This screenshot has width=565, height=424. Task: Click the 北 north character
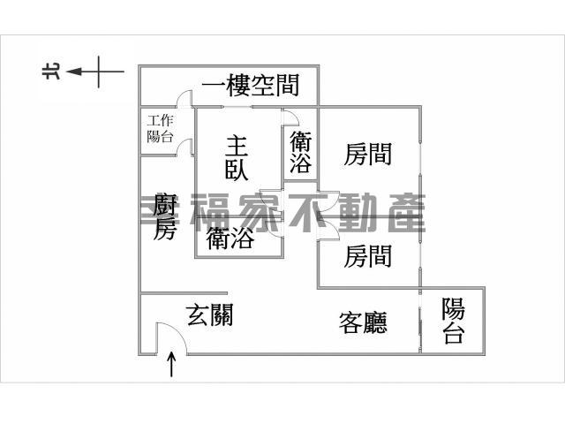(x=51, y=71)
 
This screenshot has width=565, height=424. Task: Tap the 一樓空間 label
(x=251, y=86)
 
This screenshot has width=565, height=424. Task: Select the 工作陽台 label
(x=161, y=129)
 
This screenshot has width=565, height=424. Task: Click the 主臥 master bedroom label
(x=237, y=158)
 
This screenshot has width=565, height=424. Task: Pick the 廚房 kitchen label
(x=165, y=216)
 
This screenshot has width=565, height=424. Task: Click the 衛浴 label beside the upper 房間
(x=300, y=152)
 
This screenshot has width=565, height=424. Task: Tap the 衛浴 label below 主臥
(x=230, y=238)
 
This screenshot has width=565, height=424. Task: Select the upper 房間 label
(x=368, y=154)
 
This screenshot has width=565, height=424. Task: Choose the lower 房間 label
(x=368, y=256)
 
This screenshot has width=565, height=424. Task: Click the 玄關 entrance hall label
(x=210, y=314)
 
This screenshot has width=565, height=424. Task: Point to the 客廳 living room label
(x=363, y=322)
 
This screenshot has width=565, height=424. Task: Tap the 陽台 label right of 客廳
(x=453, y=320)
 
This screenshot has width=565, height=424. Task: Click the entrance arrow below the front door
(x=171, y=364)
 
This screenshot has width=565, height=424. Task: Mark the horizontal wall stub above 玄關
(x=184, y=293)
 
